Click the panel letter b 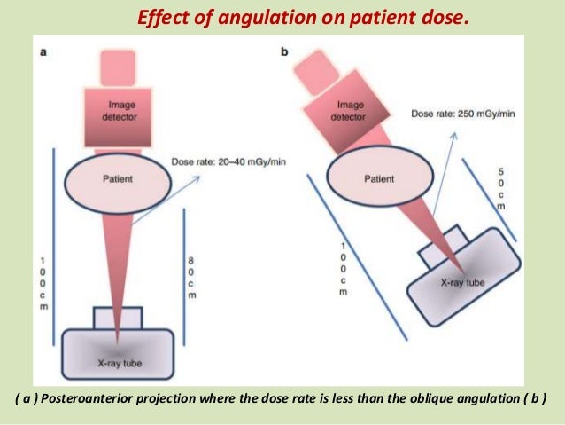pyautogui.click(x=284, y=52)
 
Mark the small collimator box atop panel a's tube pyautogui.click(x=117, y=318)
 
